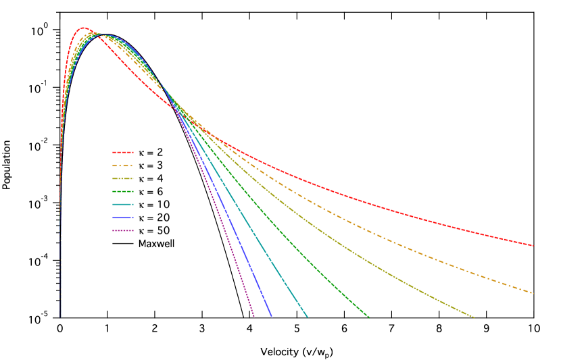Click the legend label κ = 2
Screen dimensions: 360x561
click(x=150, y=153)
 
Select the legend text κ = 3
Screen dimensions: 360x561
click(x=150, y=165)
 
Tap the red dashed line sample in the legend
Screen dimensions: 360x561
click(x=123, y=153)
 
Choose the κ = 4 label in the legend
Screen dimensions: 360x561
click(x=150, y=179)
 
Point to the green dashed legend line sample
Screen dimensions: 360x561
click(x=123, y=192)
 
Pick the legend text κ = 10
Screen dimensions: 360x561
click(x=153, y=205)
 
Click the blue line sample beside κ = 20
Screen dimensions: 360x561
click(x=123, y=218)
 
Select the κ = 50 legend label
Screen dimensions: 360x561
click(x=153, y=231)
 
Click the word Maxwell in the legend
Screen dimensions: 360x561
click(x=156, y=244)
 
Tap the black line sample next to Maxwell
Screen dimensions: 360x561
click(x=123, y=244)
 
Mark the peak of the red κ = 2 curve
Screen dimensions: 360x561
click(x=82, y=28)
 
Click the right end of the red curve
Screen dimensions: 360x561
click(x=533, y=245)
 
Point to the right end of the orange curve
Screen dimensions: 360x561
click(x=533, y=293)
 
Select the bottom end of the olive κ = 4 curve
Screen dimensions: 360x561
click(x=474, y=317)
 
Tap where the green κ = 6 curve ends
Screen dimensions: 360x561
click(x=369, y=317)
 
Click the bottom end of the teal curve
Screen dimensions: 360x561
click(x=308, y=317)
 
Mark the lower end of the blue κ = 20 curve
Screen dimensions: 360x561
click(x=272, y=317)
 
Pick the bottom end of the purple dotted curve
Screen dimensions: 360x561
click(x=254, y=316)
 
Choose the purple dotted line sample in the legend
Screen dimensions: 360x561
click(x=123, y=231)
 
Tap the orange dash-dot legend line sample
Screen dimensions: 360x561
click(x=123, y=165)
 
